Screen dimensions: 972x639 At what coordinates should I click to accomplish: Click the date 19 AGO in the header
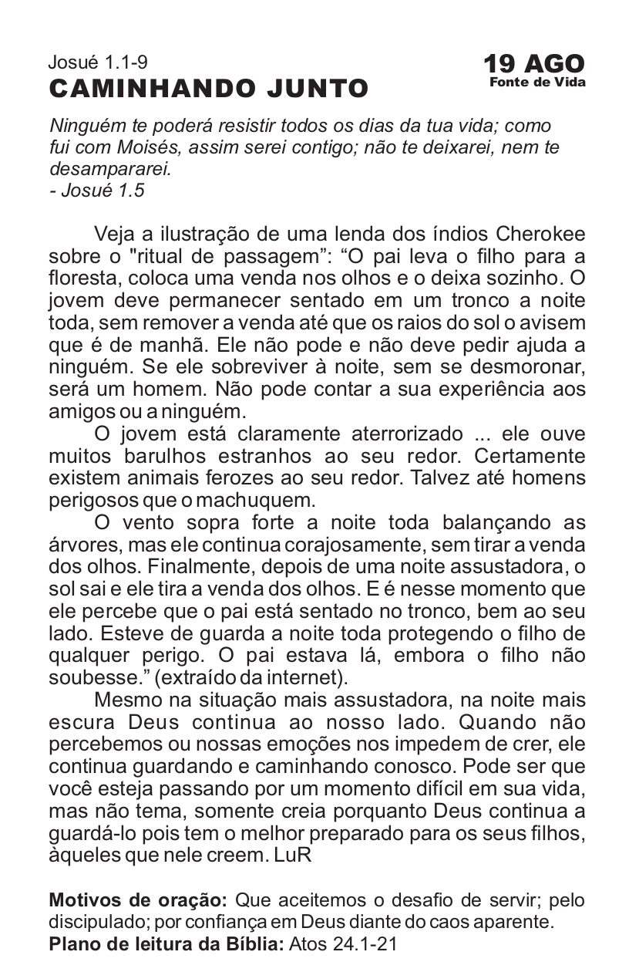(533, 64)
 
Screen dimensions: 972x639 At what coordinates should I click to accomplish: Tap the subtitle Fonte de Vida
(537, 83)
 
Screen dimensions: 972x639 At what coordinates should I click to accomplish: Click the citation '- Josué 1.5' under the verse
(96, 190)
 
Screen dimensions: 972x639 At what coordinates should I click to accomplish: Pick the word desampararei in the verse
(109, 168)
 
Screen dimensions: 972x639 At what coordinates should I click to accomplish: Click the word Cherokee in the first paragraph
(540, 234)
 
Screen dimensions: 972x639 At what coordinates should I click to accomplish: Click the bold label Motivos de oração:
(138, 900)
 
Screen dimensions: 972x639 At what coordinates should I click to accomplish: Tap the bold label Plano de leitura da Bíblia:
(166, 943)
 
